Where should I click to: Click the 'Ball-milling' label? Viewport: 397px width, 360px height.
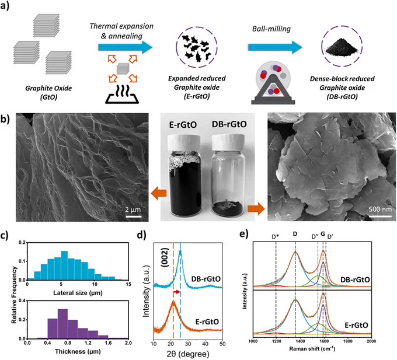[271, 29]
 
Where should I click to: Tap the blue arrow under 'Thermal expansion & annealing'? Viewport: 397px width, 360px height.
[126, 47]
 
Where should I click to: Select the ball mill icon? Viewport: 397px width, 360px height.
[273, 82]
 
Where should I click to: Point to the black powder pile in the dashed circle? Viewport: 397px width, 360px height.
[343, 47]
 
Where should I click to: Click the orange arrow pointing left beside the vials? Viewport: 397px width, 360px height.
[159, 194]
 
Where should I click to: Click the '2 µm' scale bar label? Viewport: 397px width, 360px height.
[133, 209]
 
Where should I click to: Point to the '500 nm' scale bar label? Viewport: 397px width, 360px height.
[380, 209]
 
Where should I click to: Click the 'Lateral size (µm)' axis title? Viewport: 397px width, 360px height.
[78, 293]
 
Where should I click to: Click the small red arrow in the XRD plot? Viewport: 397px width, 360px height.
[176, 292]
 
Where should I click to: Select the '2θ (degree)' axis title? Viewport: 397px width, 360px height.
[188, 354]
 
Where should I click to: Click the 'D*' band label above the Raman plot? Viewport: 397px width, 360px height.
[276, 236]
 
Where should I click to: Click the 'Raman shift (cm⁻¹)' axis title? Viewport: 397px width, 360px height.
[312, 348]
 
